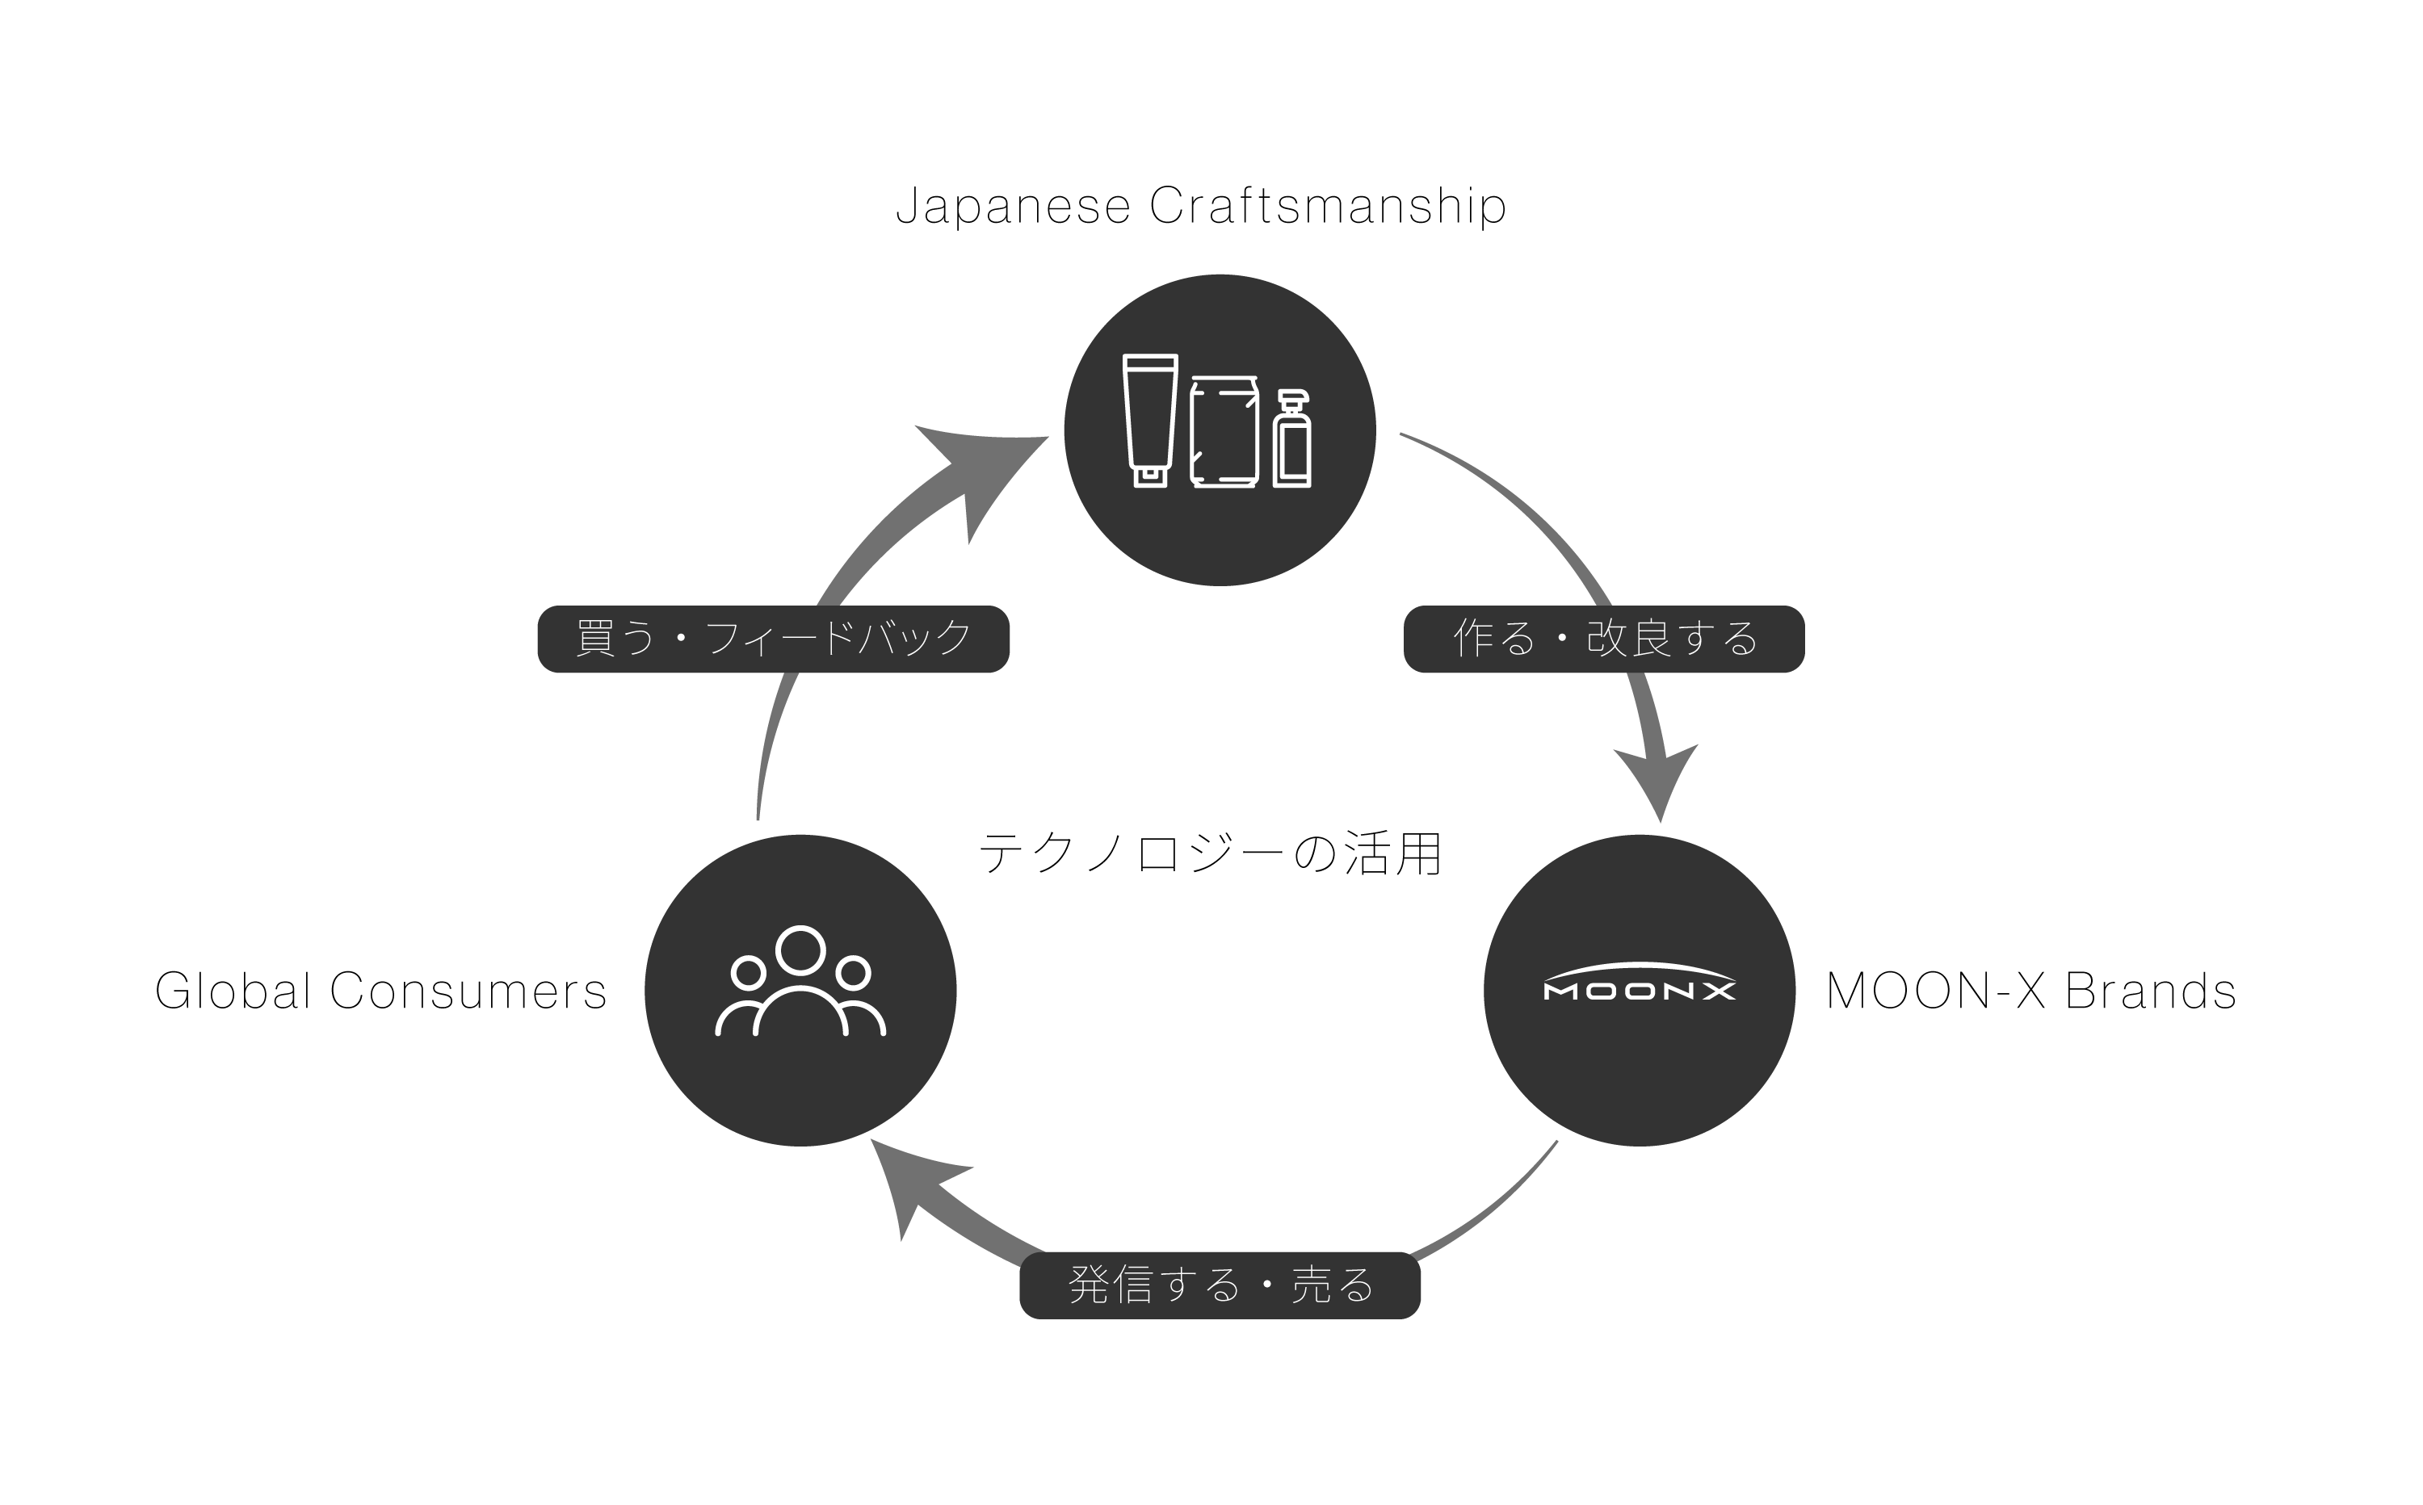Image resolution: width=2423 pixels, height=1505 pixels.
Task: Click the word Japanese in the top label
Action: (x=1014, y=206)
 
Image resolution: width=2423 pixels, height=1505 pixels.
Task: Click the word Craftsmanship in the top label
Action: (x=1328, y=206)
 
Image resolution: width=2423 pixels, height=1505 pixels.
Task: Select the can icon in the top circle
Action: (x=1224, y=432)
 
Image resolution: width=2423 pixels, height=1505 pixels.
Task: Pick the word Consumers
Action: (x=468, y=991)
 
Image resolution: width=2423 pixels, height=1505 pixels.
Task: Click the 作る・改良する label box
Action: (x=1604, y=639)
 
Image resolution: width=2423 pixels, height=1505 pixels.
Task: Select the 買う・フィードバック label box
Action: (x=774, y=639)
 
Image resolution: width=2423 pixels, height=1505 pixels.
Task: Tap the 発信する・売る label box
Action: (x=1220, y=1285)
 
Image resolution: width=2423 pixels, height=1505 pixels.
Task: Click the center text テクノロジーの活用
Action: (x=1211, y=854)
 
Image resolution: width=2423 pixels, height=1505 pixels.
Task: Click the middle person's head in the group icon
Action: (x=800, y=950)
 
